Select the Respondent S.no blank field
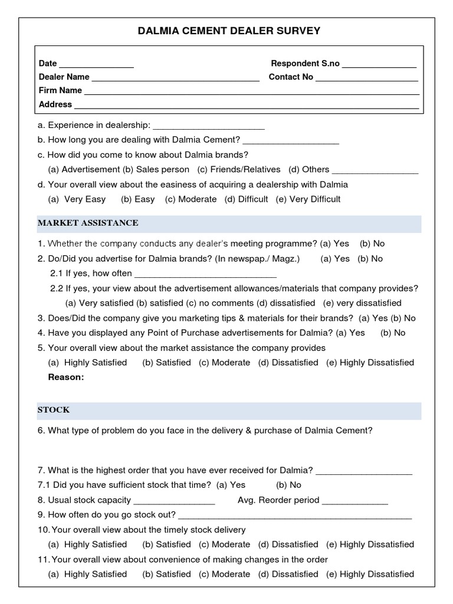379,64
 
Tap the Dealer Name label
64,77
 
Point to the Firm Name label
60,90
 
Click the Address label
55,104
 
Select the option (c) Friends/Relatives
239,169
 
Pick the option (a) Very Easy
77,199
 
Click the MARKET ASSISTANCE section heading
88,223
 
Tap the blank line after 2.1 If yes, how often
206,274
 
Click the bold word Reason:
66,377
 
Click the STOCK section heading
54,409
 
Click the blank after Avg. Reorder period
355,501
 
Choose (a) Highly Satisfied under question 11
87,574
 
